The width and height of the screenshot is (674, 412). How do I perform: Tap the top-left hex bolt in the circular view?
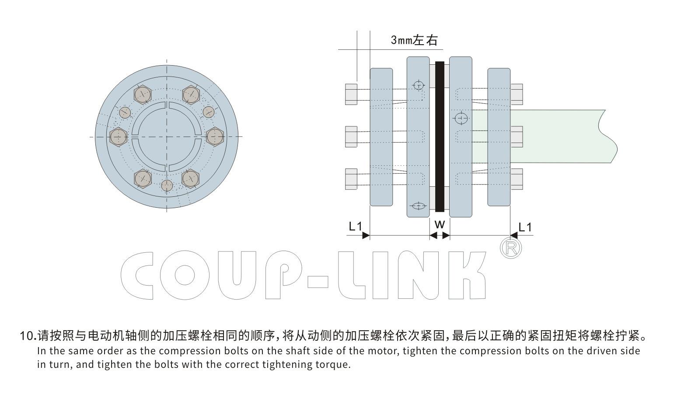[143, 95]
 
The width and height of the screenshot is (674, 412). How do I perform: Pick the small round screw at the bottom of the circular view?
[168, 185]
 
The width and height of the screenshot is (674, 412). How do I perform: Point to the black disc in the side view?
[440, 136]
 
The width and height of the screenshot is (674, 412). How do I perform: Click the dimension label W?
[440, 225]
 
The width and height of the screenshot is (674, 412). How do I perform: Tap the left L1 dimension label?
[355, 226]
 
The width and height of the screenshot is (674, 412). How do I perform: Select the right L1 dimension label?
[525, 227]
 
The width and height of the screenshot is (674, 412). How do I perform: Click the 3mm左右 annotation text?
[414, 40]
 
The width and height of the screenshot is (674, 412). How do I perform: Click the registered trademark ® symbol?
[510, 248]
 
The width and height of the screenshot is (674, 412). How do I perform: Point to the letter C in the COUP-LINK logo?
[137, 275]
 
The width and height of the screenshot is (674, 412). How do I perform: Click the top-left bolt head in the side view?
[352, 94]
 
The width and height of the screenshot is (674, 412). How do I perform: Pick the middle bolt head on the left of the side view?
[352, 136]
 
